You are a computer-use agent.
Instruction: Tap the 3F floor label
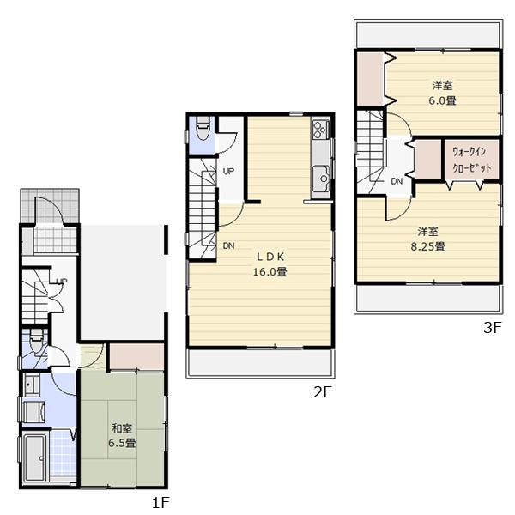click(491, 326)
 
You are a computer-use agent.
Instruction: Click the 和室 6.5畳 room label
click(120, 435)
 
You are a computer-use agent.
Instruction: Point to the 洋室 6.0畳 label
click(441, 93)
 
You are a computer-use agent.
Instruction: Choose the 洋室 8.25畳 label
click(430, 239)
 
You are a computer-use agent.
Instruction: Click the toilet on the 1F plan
click(35, 346)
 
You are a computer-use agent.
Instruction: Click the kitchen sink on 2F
click(323, 179)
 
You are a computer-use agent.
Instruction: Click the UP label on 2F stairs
click(228, 172)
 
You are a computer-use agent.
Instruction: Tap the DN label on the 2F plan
click(229, 246)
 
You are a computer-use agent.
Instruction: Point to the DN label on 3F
click(397, 182)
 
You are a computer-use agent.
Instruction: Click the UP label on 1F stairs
click(61, 281)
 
